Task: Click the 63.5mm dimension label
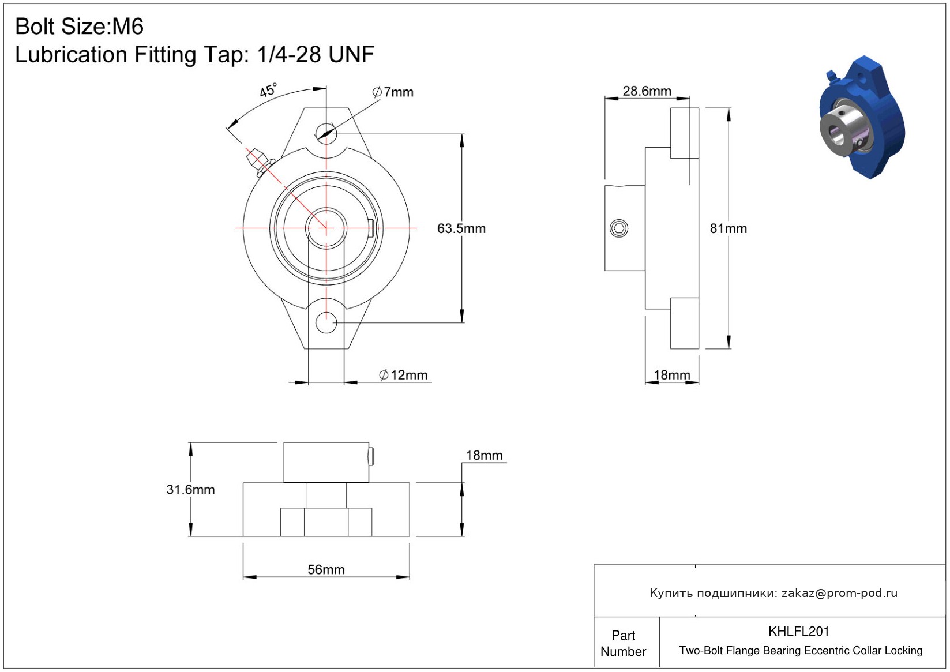(x=461, y=228)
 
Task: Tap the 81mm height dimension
(x=728, y=228)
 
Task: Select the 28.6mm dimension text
(x=647, y=91)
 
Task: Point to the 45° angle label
(x=268, y=91)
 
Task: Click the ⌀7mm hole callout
(x=393, y=92)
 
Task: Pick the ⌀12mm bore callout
(x=403, y=375)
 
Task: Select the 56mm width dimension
(x=326, y=569)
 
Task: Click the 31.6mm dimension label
(x=190, y=489)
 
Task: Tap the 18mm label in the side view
(x=671, y=375)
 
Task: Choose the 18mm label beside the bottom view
(x=484, y=455)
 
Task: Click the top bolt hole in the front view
(x=326, y=133)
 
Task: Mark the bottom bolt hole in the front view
(x=326, y=322)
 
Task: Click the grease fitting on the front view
(x=257, y=161)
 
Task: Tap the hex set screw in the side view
(x=619, y=228)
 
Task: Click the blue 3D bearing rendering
(x=861, y=118)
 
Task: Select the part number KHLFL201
(x=798, y=631)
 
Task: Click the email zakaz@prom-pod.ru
(x=839, y=593)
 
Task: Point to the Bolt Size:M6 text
(x=79, y=27)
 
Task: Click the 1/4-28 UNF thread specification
(x=316, y=55)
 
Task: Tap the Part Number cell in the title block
(x=623, y=643)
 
